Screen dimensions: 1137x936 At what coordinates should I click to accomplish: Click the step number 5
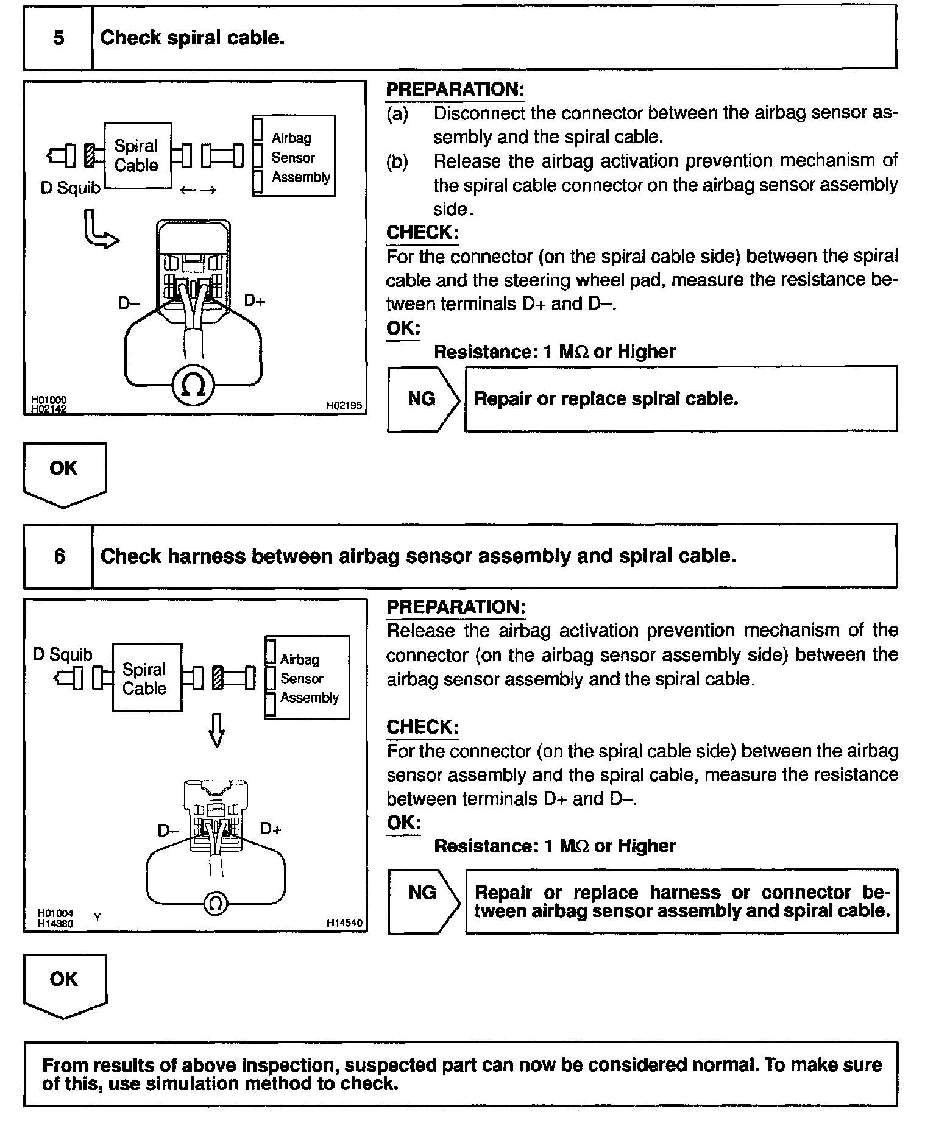58,38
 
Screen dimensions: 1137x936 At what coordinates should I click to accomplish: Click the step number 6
59,556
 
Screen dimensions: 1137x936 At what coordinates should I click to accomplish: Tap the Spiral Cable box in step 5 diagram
137,156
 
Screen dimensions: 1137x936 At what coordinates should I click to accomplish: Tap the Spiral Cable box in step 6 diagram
146,678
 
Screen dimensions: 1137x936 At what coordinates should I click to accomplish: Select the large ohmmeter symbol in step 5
194,384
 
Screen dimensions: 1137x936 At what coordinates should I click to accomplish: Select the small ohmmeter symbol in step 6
214,903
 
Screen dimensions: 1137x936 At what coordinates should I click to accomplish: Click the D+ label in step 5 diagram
255,300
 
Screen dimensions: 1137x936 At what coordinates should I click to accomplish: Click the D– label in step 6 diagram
168,831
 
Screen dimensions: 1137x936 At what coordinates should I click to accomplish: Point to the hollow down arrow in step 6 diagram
216,731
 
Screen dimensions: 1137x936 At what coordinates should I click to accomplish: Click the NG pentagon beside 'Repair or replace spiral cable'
422,399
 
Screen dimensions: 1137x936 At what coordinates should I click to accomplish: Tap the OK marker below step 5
64,472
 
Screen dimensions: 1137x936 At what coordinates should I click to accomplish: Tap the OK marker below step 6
64,983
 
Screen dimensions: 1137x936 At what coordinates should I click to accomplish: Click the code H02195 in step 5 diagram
344,405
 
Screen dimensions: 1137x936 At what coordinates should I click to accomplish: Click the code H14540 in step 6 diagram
344,923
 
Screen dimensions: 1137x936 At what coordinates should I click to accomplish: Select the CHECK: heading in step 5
422,232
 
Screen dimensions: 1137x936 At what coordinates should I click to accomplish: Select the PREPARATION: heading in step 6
456,607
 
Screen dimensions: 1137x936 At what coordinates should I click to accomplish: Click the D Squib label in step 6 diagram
62,654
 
